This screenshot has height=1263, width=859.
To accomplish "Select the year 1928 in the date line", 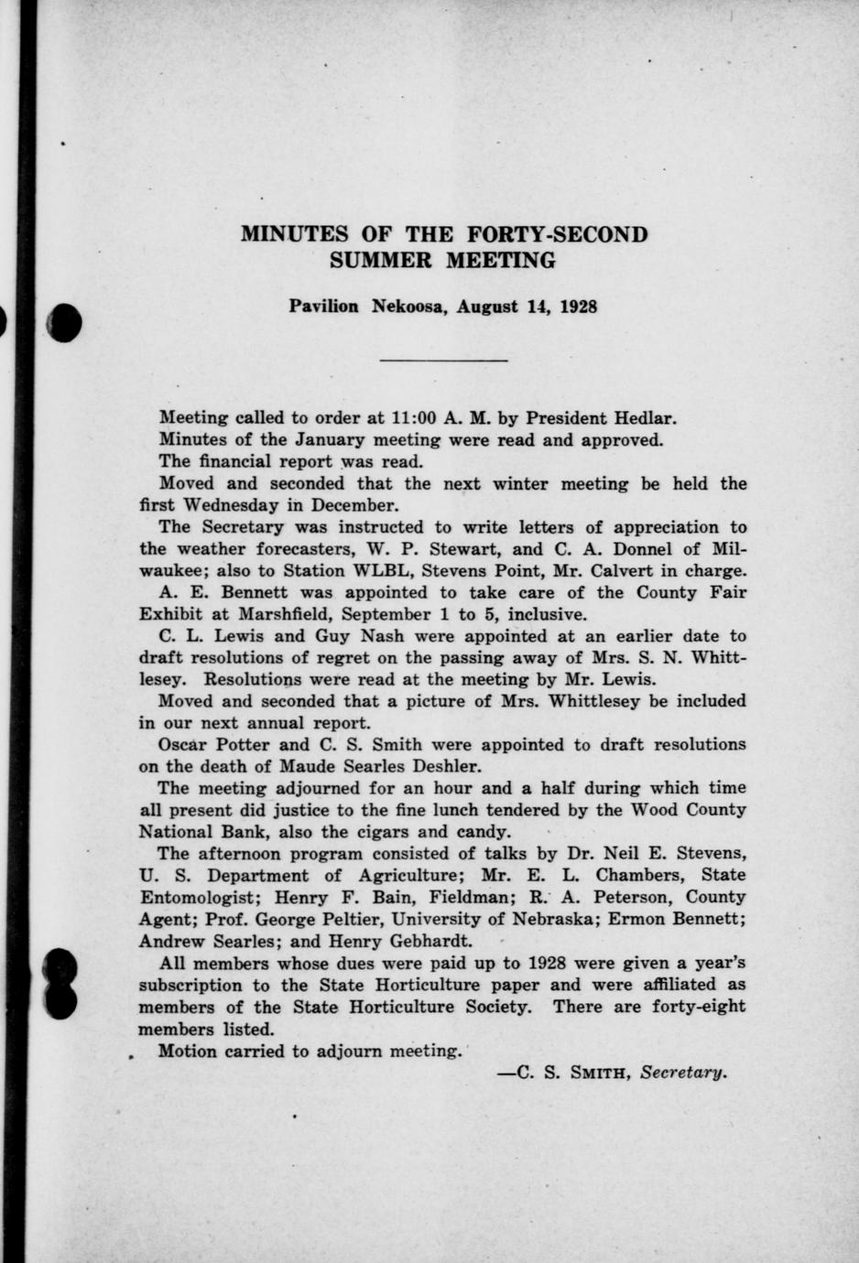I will pyautogui.click(x=577, y=307).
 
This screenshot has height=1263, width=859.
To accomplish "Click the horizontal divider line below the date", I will pyautogui.click(x=443, y=361).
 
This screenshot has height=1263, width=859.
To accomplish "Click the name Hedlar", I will pyautogui.click(x=644, y=418).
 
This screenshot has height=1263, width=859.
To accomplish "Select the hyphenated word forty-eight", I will pyautogui.click(x=695, y=1007).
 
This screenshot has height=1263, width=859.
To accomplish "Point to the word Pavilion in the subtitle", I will pyautogui.click(x=324, y=307).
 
